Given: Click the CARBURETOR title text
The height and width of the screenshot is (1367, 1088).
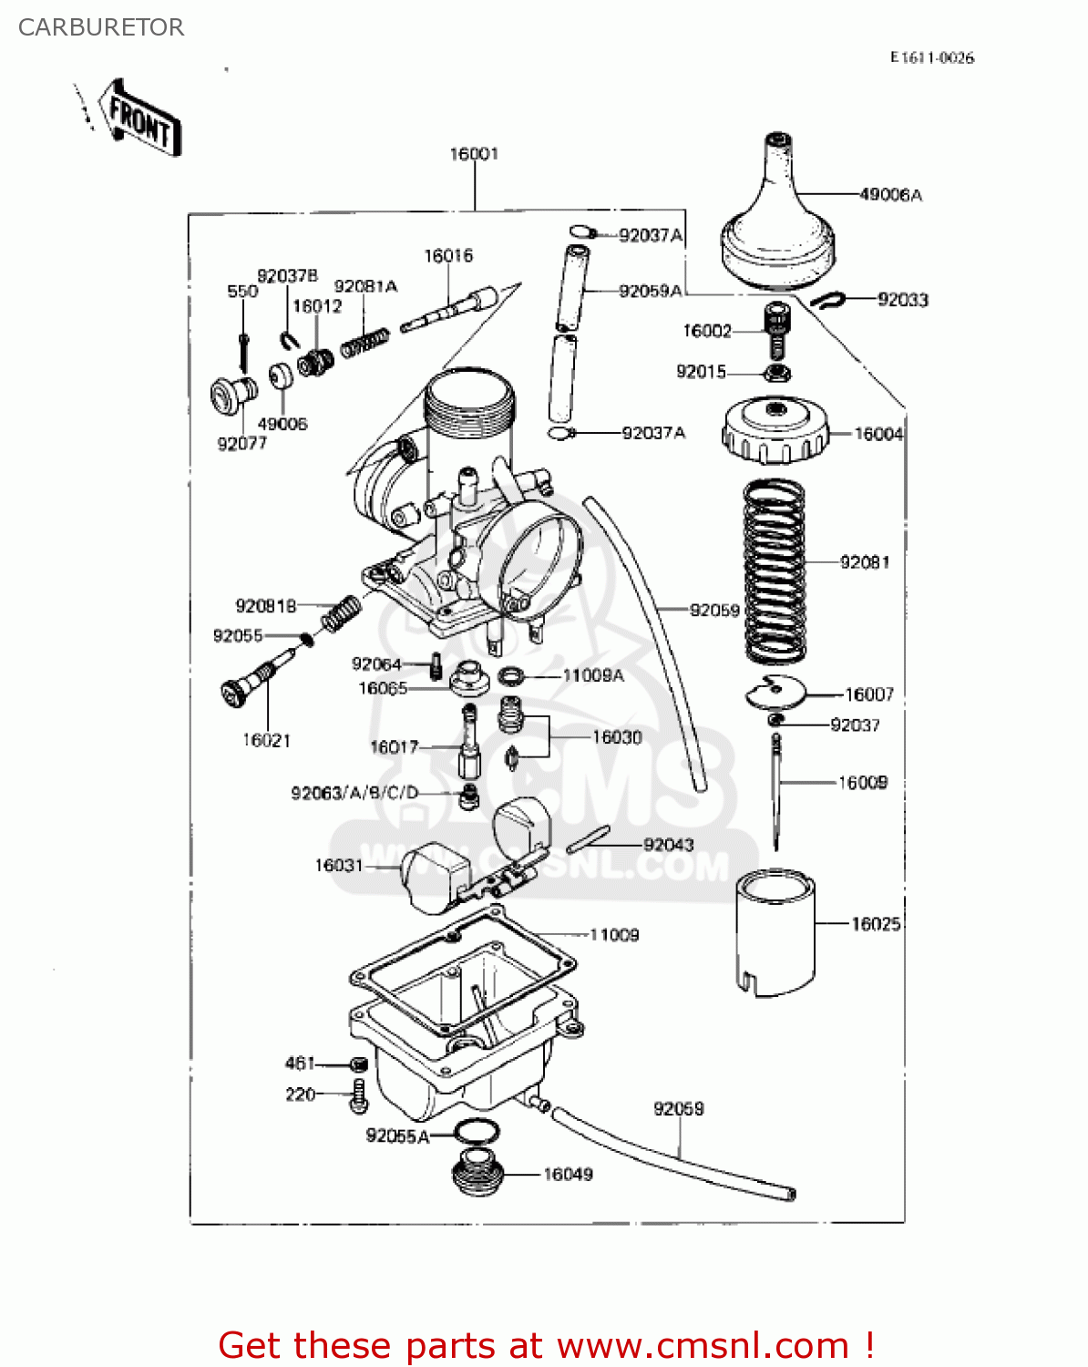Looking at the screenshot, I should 100,27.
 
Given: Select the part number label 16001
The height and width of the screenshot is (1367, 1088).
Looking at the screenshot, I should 474,154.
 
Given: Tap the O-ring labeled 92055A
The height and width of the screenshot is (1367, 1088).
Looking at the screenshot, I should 476,1133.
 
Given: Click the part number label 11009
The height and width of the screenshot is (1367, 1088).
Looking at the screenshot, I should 614,935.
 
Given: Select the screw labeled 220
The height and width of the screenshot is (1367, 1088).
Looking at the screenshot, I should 358,1095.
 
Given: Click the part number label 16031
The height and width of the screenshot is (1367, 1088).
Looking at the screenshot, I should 338,865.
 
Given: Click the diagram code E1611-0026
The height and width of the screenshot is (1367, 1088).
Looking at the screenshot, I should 931,57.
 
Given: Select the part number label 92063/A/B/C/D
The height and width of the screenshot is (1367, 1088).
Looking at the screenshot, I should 354,793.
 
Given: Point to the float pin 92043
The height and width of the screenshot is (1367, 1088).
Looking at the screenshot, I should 588,839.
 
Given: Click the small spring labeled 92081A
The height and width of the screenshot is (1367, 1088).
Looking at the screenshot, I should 365,344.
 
